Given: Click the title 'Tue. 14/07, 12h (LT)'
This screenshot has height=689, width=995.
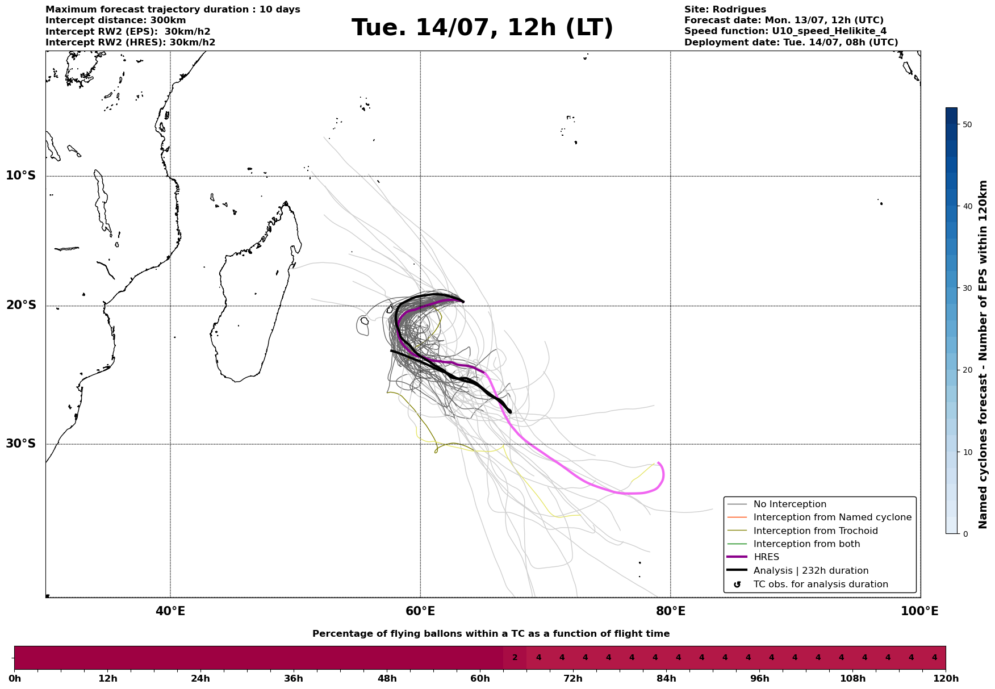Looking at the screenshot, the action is tap(482, 28).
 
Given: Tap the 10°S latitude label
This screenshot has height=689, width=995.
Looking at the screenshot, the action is tap(21, 176).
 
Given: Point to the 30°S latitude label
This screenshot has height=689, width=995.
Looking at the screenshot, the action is tap(21, 444).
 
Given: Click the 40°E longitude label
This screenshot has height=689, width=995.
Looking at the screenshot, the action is tap(170, 611).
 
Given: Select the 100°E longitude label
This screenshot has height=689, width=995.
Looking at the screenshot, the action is tap(920, 611).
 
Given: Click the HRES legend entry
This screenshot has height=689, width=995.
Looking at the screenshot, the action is tap(766, 557).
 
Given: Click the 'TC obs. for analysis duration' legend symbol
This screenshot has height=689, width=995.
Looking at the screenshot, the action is tap(737, 584).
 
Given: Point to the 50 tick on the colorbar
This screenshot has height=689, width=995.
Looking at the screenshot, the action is tap(968, 124).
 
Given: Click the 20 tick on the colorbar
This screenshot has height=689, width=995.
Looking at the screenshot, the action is tap(968, 370).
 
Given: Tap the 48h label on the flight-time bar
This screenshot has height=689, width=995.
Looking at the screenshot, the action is tap(387, 679).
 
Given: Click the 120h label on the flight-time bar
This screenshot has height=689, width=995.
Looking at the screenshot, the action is tap(946, 679).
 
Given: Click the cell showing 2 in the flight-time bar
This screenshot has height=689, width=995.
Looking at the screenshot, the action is tap(515, 658).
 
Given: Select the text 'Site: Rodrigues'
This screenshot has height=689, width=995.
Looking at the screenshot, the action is tap(725, 10).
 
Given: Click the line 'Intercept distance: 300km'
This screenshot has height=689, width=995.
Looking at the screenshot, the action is tap(116, 20).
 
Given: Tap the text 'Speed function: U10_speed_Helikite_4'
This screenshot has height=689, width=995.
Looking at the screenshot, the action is tap(785, 31).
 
